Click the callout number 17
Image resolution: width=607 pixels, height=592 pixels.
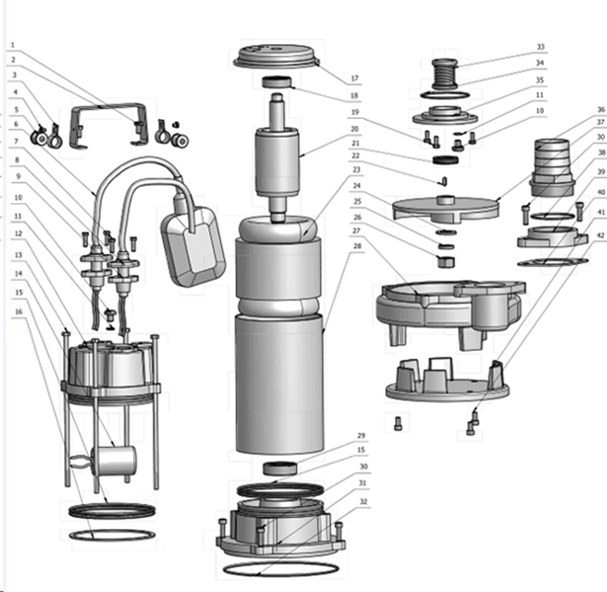click(355, 78)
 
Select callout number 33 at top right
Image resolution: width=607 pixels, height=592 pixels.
click(540, 47)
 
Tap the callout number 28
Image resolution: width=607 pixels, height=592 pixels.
click(358, 246)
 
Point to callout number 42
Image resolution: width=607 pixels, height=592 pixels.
click(600, 235)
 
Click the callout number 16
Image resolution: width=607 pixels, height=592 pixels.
click(19, 311)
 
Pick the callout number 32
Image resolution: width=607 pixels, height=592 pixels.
click(364, 501)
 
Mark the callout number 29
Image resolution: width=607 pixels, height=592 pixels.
click(361, 436)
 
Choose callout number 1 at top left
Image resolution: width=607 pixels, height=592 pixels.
click(13, 45)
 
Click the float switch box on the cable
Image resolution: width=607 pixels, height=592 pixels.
click(193, 246)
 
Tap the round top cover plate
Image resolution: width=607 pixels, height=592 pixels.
click(276, 58)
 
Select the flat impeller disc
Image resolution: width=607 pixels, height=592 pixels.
click(445, 209)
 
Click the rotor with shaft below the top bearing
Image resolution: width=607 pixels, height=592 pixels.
click(276, 158)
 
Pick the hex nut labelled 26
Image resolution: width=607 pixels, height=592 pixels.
click(446, 262)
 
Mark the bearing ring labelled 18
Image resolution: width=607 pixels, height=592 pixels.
click(276, 82)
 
